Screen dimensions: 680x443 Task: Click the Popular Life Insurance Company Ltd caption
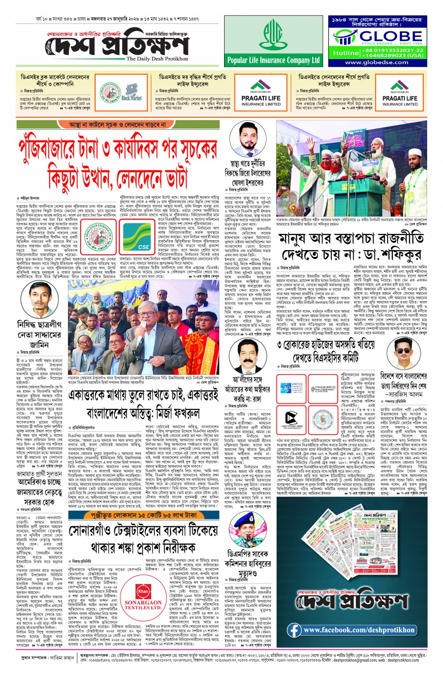273,60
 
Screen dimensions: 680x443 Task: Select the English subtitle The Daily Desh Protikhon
157,59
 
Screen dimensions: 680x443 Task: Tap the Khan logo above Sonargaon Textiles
143,591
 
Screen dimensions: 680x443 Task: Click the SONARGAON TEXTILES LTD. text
143,605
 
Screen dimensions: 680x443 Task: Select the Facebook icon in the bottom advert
294,630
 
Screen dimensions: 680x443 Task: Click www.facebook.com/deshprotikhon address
359,630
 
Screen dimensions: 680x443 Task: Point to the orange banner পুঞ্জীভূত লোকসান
143,515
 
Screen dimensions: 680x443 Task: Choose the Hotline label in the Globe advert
346,53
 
